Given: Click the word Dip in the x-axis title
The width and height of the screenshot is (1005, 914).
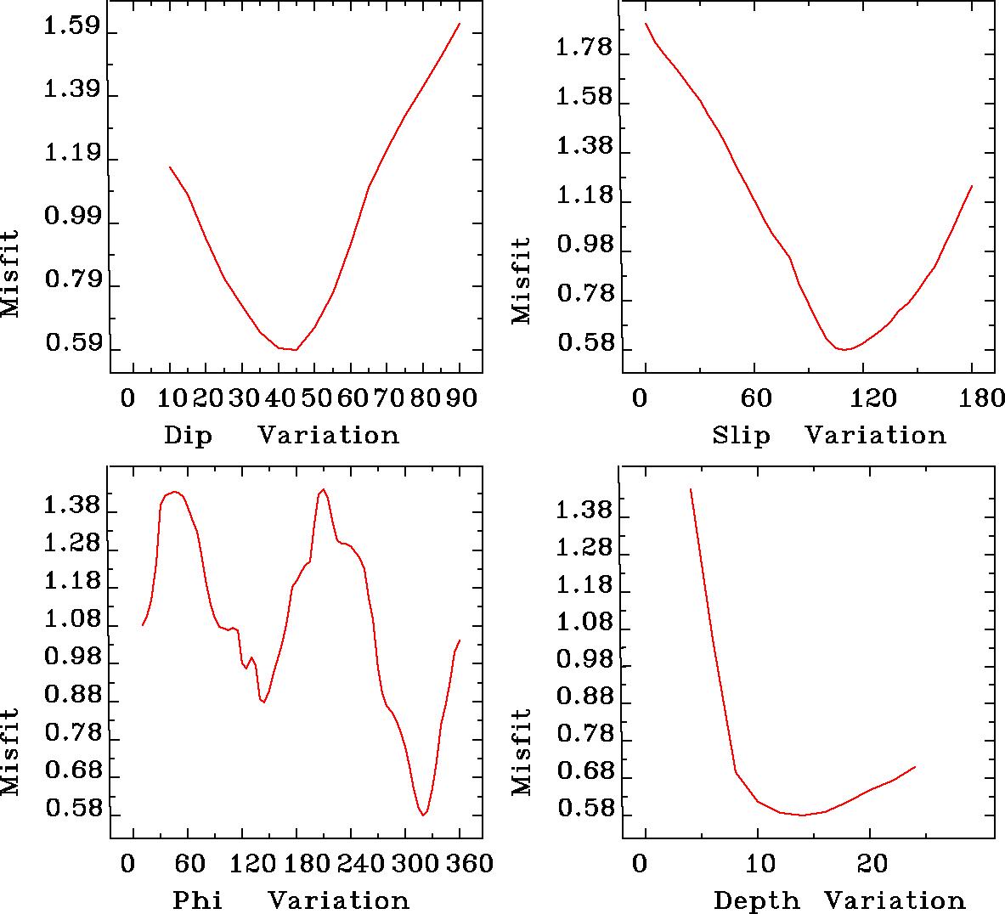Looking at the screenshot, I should (188, 435).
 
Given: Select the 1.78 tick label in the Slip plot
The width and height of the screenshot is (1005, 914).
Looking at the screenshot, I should (584, 48).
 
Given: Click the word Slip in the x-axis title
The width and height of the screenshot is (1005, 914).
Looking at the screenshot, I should (741, 435).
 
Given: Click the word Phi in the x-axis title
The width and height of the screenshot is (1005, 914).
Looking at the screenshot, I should (197, 900).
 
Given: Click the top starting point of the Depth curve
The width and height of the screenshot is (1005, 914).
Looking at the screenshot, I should (691, 489).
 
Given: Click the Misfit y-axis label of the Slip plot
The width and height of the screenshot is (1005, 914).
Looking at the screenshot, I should (522, 280).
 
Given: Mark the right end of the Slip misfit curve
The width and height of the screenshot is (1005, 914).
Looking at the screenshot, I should (972, 185).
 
